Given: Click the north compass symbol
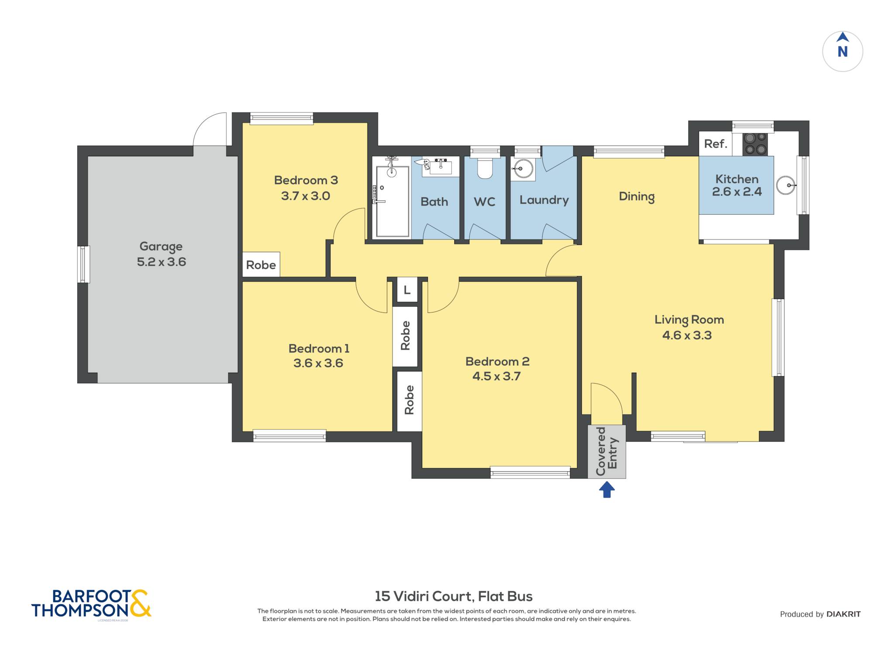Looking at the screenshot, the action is (842, 51).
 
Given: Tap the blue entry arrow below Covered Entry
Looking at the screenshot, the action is (607, 489).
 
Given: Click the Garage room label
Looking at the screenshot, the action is (161, 247).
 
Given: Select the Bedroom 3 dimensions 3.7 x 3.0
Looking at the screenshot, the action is (306, 196).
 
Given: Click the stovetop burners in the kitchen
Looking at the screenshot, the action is (755, 144).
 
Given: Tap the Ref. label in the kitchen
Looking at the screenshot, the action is (715, 144).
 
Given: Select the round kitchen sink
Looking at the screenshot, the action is (786, 185).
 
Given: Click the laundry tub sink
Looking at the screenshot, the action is (523, 168).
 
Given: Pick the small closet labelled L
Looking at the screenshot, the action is (407, 290).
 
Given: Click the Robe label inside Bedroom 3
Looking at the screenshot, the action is (261, 265).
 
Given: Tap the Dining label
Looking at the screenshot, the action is (637, 197).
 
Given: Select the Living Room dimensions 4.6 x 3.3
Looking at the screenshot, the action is (687, 335).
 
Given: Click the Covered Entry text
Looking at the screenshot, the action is (607, 451).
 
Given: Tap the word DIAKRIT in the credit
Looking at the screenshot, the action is (843, 614).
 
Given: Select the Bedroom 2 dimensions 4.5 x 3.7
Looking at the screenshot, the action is (497, 376).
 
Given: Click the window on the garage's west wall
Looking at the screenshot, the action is (83, 264).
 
